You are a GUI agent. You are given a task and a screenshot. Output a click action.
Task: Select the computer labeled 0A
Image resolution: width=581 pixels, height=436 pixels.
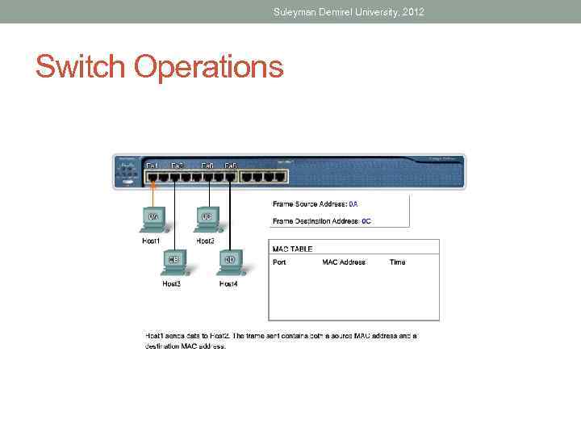[x=152, y=218]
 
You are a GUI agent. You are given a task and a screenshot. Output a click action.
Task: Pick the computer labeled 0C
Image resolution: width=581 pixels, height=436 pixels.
[x=207, y=218]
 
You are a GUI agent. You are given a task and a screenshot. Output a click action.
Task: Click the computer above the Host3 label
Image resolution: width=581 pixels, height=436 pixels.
[x=173, y=261]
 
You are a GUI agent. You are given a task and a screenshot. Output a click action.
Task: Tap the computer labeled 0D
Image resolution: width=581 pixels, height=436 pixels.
[x=229, y=261]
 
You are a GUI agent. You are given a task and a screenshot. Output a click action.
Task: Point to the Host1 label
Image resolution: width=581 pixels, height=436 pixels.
[x=152, y=241]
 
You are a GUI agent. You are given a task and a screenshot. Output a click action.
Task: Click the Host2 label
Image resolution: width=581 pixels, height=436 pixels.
[x=206, y=241]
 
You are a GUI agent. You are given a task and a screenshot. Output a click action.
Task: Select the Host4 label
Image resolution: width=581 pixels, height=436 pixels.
[x=228, y=283]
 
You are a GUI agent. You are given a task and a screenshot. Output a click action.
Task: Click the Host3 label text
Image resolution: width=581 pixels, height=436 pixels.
[x=171, y=283]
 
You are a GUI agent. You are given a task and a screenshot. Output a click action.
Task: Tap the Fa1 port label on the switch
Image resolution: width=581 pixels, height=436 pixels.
[x=152, y=166]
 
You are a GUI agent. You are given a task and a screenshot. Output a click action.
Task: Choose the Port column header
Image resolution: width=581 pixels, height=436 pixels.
[x=279, y=262]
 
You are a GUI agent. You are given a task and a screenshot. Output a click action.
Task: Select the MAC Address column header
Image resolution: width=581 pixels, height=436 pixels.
[x=344, y=262]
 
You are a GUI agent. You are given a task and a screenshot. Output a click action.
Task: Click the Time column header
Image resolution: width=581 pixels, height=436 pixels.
[x=397, y=262]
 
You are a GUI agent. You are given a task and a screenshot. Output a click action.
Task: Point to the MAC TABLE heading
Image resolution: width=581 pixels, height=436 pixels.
[x=292, y=249]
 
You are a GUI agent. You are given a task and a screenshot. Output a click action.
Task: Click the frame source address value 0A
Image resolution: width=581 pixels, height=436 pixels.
[x=353, y=204]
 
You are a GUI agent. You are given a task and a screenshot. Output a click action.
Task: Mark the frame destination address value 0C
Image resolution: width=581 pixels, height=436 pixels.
[x=366, y=220]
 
